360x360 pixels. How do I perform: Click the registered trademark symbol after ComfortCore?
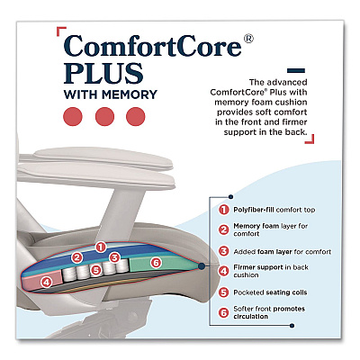pyautogui.click(x=247, y=39)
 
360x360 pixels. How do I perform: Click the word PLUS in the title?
pyautogui.click(x=103, y=73)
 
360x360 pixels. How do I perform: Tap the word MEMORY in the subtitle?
pyautogui.click(x=130, y=94)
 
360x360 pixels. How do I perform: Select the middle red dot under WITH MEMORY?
pyautogui.click(x=104, y=117)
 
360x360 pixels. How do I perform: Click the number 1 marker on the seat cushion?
pyautogui.click(x=101, y=247)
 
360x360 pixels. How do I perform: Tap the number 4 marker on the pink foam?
pyautogui.click(x=46, y=282)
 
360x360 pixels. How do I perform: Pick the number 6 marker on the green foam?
pyautogui.click(x=156, y=263)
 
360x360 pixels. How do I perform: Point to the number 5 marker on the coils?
pyautogui.click(x=95, y=270)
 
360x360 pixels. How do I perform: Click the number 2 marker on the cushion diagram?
pyautogui.click(x=77, y=257)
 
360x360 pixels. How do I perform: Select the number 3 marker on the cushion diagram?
pyautogui.click(x=114, y=257)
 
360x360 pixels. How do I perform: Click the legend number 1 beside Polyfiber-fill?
pyautogui.click(x=224, y=210)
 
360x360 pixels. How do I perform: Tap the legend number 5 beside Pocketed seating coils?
pyautogui.click(x=224, y=292)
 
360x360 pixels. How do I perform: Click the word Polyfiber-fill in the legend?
pyautogui.click(x=254, y=210)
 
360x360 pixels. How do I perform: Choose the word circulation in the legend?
pyautogui.click(x=250, y=317)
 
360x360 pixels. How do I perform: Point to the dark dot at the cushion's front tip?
pyautogui.click(x=202, y=265)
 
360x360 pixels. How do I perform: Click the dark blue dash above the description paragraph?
pyautogui.click(x=296, y=71)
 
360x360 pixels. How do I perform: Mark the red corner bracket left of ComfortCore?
pyautogui.click(x=61, y=31)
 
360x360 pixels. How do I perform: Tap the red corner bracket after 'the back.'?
pyautogui.click(x=310, y=139)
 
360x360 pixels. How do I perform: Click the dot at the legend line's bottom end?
pyautogui.click(x=292, y=326)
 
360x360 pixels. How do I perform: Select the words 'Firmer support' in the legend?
pyautogui.click(x=258, y=267)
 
